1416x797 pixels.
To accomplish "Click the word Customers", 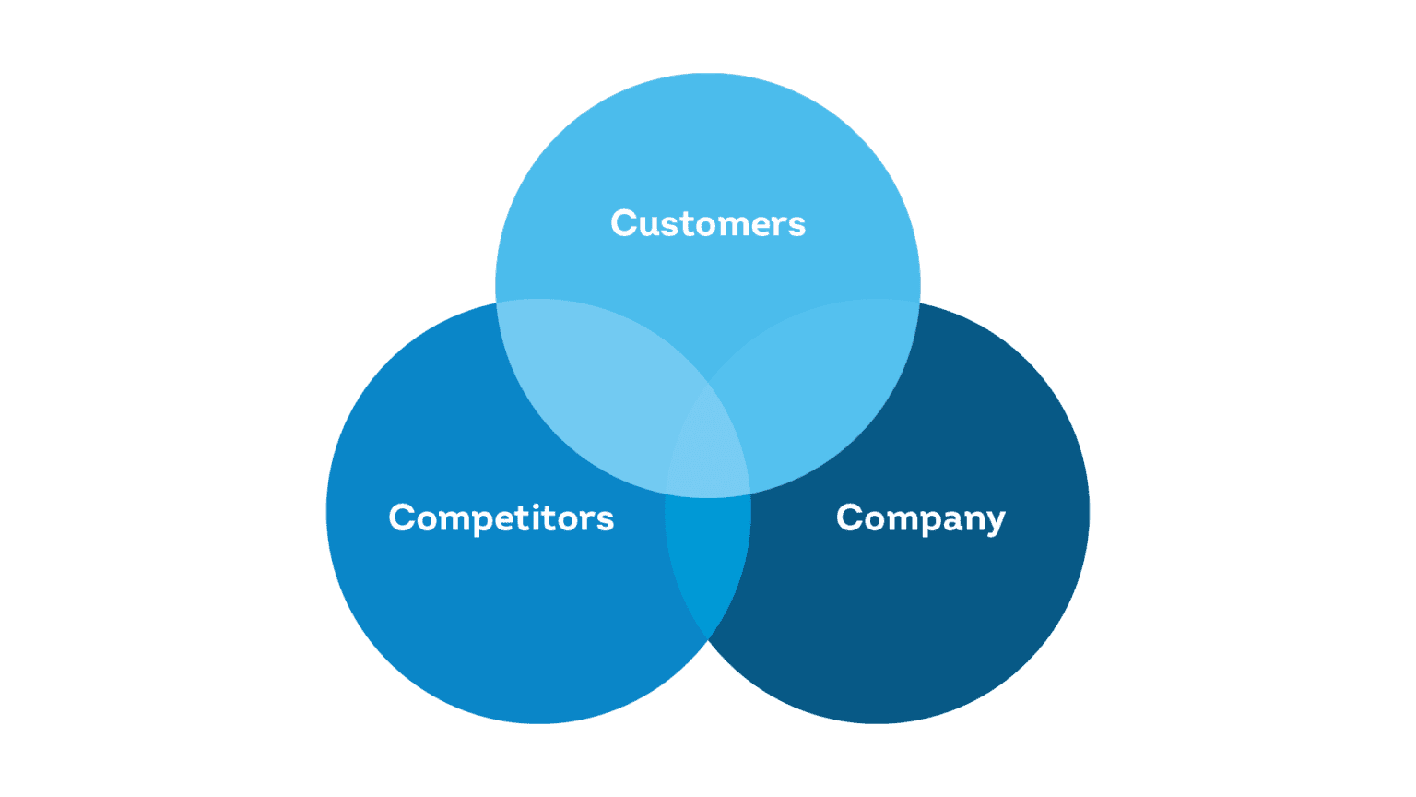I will pos(708,224).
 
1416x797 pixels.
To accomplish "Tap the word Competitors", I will pos(501,518).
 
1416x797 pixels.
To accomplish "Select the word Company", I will pos(920,518).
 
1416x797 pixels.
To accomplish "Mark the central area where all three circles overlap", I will pos(708,452).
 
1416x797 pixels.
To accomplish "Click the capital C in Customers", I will pos(625,224).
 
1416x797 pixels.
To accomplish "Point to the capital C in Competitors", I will pos(403,518).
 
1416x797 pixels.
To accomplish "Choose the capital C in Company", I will pos(850,518).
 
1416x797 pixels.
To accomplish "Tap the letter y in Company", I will pos(994,522).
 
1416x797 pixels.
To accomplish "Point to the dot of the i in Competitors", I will pos(538,505).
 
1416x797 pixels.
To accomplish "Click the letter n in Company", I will pos(971,520).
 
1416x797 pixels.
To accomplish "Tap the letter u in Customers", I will pos(651,226).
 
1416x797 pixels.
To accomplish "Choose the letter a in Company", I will pos(949,520).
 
